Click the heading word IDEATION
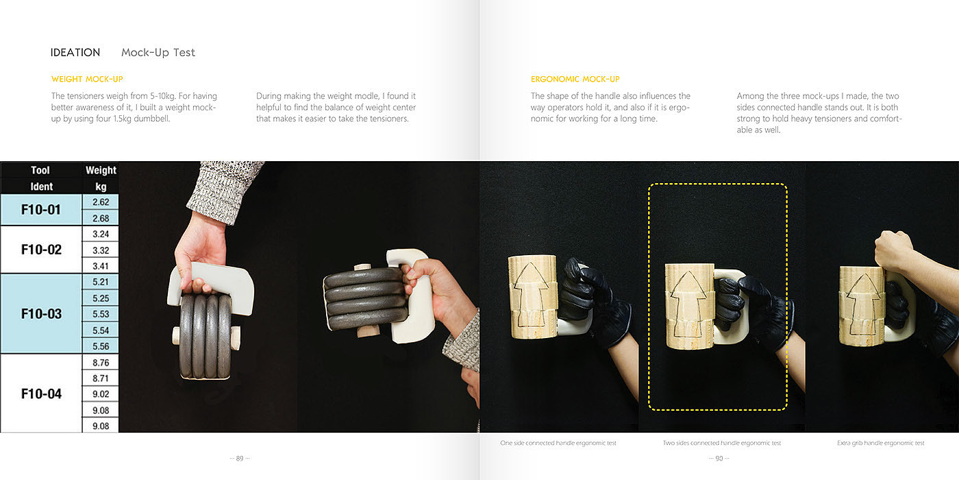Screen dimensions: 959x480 (75, 52)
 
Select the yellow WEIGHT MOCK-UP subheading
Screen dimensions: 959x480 (87, 79)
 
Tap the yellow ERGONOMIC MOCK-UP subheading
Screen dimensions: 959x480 (575, 79)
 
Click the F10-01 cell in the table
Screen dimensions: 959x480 (41, 210)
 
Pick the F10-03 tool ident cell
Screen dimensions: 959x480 (41, 314)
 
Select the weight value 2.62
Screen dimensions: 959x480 (101, 202)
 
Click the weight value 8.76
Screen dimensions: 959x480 (101, 363)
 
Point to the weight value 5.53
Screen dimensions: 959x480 (101, 314)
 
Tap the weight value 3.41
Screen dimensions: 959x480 (101, 266)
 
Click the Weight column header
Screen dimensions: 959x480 (101, 170)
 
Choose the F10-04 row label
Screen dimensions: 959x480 (41, 394)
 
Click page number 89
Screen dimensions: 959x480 (240, 458)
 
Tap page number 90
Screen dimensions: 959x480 (719, 458)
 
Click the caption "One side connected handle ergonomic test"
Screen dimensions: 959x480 (558, 443)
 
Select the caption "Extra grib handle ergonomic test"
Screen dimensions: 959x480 (881, 443)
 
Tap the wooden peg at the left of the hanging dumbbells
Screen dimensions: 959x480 (176, 335)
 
